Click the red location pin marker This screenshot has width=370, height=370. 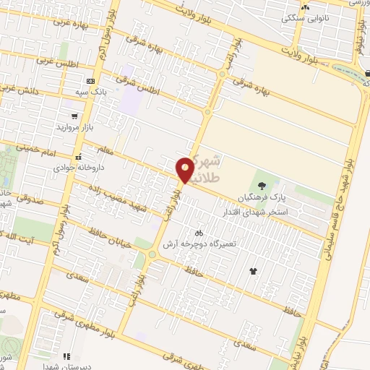point(185,170)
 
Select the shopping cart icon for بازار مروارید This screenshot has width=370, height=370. point(74,116)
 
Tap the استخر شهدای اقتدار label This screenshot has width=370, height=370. point(278,212)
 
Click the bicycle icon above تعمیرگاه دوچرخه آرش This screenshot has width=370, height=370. point(200,233)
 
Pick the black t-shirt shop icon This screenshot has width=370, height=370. point(253,272)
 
